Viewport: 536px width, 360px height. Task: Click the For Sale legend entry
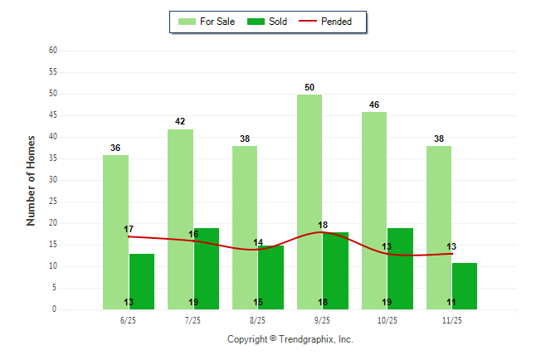[207, 22]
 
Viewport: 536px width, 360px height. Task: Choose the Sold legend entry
[271, 22]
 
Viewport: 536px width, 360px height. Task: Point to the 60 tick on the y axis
[53, 51]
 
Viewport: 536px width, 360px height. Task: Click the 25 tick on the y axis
[53, 202]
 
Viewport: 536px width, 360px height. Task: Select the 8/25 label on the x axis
[257, 320]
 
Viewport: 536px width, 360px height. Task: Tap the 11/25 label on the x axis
[451, 320]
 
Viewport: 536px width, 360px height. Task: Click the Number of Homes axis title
[32, 180]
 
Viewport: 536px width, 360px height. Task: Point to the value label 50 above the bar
[309, 87]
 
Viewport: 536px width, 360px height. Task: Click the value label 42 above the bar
[180, 122]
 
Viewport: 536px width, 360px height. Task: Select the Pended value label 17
[129, 229]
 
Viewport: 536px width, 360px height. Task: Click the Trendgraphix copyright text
[290, 339]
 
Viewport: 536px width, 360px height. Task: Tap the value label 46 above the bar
[374, 105]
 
